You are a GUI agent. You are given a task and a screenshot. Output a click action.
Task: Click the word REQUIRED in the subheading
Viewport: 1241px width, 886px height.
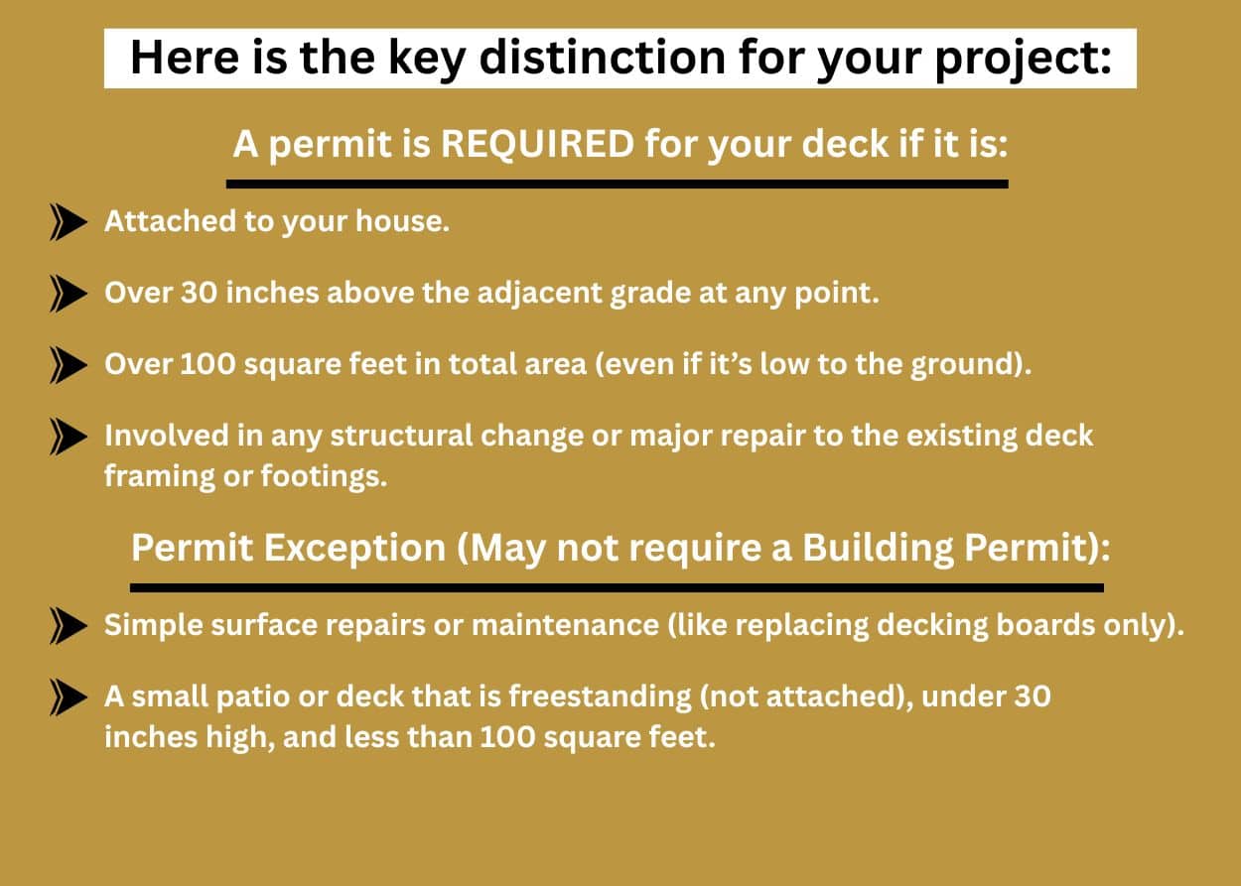click(537, 145)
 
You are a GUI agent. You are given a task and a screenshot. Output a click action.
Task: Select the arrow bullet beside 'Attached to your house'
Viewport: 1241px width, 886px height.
click(69, 222)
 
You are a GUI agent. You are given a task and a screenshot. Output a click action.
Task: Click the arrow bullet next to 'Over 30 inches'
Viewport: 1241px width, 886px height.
click(69, 294)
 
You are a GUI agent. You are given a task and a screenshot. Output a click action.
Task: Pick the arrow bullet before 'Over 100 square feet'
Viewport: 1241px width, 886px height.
click(69, 365)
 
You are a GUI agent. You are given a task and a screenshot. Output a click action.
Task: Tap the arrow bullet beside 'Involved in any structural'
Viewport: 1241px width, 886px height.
click(69, 437)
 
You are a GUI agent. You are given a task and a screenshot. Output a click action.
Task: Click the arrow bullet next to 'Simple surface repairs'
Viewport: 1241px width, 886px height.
click(69, 626)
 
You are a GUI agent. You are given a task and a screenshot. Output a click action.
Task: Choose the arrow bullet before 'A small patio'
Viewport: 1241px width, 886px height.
click(69, 697)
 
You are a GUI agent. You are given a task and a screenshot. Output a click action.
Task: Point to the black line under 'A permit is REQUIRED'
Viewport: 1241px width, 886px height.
click(618, 184)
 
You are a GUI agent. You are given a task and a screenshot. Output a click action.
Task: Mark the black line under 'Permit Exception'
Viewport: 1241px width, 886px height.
click(618, 587)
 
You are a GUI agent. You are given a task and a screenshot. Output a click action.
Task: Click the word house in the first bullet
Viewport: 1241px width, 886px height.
click(402, 221)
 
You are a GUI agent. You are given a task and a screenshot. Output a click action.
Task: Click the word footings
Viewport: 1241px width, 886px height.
click(324, 476)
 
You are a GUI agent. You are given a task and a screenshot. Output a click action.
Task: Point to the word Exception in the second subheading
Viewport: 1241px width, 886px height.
click(354, 549)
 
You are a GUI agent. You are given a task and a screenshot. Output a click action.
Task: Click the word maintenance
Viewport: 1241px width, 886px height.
click(565, 625)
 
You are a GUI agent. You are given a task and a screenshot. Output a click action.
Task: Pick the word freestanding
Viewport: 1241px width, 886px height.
click(600, 696)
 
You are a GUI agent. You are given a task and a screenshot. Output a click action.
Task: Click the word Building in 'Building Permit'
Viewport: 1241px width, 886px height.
click(878, 549)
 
